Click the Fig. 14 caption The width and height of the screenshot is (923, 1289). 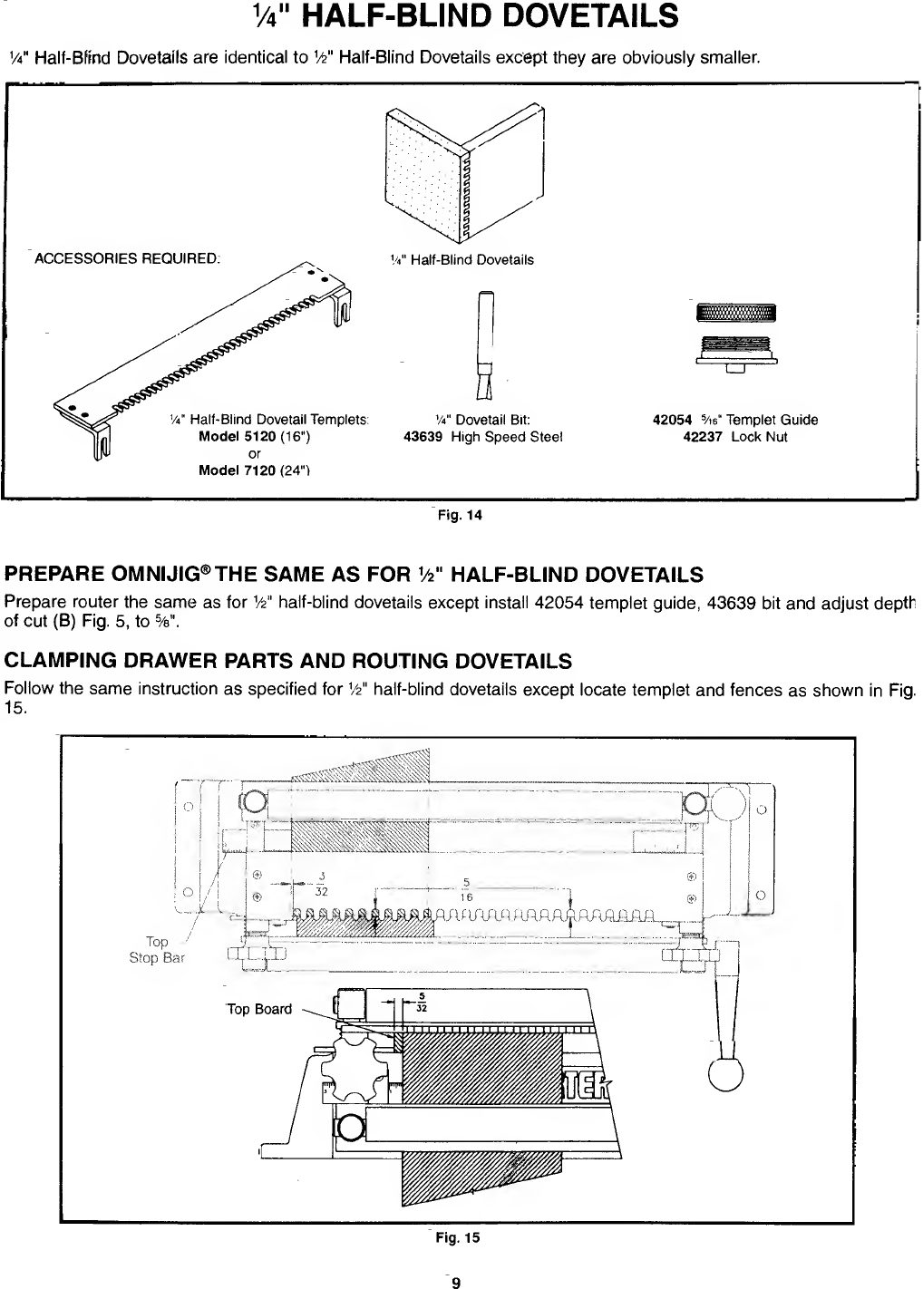pos(460,515)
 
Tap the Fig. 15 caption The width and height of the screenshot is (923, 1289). pos(458,1237)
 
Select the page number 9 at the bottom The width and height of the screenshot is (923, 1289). pos(456,1282)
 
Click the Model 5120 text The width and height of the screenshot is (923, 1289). pos(237,436)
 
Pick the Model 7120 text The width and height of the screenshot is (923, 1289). pos(237,470)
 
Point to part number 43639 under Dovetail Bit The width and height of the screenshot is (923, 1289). pos(423,437)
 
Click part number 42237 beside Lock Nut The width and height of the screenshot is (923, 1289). pos(703,437)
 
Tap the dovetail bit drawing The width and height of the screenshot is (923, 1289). pos(486,345)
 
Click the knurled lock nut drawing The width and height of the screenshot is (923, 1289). pos(736,313)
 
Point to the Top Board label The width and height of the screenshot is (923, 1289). pos(259,1009)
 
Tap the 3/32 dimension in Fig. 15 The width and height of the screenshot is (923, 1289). pos(322,884)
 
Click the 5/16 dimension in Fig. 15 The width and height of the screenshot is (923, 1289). pos(466,889)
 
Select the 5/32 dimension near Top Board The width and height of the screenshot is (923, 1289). pos(422,1002)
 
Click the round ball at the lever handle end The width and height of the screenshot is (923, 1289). pos(725,1073)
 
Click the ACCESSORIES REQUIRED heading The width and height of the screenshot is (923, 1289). pos(127,258)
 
